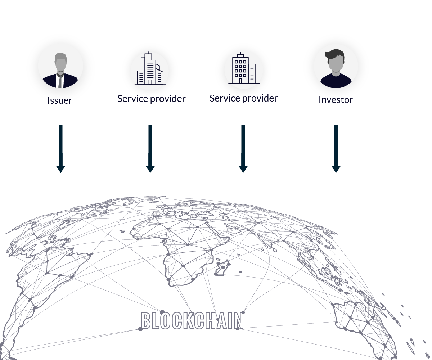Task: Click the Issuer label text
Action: coord(60,100)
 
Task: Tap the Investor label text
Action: coord(336,100)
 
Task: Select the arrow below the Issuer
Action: coord(60,149)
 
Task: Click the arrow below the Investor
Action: coord(336,149)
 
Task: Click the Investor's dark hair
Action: coord(335,55)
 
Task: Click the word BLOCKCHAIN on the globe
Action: coord(192,320)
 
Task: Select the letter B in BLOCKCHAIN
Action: coord(145,321)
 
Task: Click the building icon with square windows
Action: coord(244,68)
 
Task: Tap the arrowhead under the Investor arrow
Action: coord(336,169)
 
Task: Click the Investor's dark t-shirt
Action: coord(336,81)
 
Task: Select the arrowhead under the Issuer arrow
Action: coord(60,169)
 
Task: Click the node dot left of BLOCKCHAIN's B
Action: coord(140,329)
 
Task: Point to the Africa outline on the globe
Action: coord(182,248)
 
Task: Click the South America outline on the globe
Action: coord(41,290)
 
